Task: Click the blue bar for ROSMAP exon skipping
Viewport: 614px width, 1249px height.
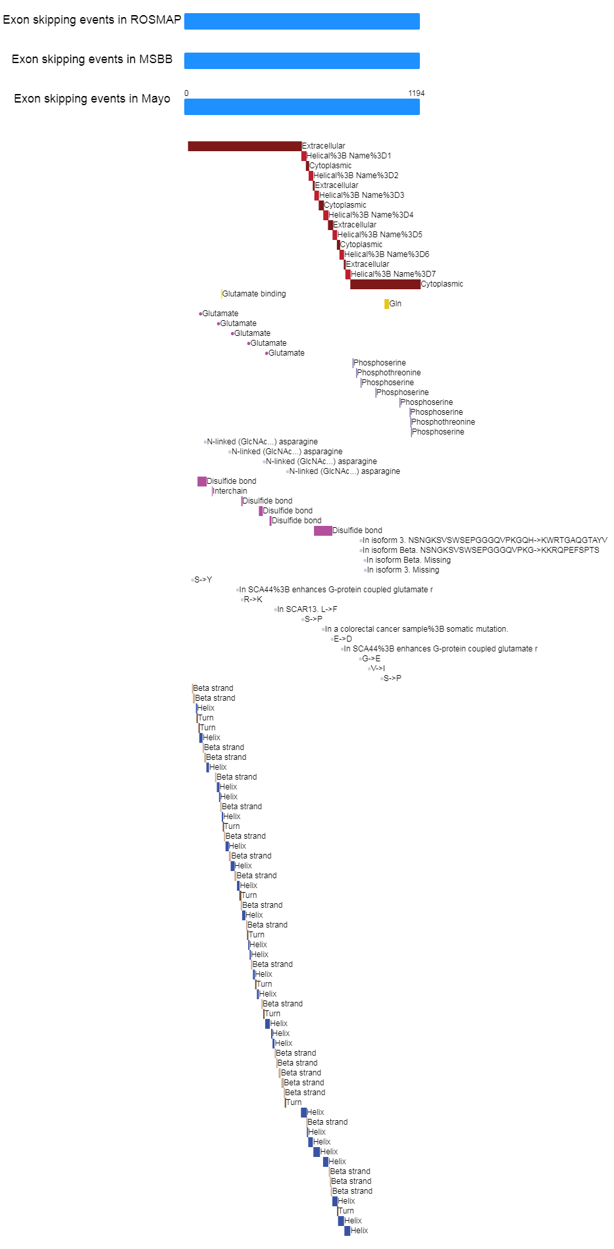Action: tap(302, 21)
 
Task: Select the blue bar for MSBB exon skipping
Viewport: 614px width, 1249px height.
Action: tap(302, 60)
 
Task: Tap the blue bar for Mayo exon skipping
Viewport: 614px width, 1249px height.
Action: tap(302, 106)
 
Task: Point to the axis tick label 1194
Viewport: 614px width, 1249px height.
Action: tap(417, 93)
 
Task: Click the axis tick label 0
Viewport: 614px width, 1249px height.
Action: tap(186, 93)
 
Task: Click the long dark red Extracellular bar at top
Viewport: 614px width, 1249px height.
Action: tap(245, 146)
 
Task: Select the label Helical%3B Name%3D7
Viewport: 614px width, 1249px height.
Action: tap(393, 274)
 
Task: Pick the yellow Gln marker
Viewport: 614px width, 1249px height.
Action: tap(387, 304)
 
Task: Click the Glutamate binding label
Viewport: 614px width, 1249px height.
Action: tap(254, 294)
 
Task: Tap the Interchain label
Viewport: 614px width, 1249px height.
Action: tap(230, 491)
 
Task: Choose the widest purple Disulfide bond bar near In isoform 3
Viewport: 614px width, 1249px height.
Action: tap(323, 530)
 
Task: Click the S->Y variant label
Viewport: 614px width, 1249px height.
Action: tap(203, 580)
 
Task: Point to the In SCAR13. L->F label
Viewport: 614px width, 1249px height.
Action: tap(307, 609)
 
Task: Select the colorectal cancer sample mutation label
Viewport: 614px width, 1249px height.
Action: tap(417, 629)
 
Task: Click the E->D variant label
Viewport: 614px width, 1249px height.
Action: tap(343, 639)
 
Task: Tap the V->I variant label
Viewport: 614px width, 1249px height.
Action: tap(378, 669)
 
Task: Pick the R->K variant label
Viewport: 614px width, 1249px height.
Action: tap(253, 600)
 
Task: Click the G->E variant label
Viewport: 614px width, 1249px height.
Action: tap(371, 659)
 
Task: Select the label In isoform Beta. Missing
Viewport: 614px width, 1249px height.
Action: tap(409, 560)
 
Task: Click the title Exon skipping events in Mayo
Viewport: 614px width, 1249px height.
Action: tap(92, 99)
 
